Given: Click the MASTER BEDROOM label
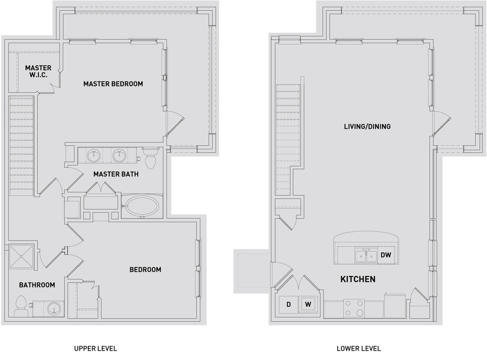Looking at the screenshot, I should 113,84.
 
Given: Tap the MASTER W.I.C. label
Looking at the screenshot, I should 38,71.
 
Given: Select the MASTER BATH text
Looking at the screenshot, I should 116,174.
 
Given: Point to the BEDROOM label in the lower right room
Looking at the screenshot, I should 145,270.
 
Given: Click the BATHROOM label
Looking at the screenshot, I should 37,285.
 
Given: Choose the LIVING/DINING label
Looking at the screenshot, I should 367,126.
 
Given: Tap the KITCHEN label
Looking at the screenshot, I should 358,279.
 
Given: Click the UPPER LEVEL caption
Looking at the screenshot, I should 95,348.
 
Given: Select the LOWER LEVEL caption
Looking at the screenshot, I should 359,348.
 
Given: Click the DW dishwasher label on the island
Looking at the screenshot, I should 386,255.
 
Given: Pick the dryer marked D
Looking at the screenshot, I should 289,305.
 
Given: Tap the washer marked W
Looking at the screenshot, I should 308,305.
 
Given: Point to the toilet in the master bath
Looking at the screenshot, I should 150,160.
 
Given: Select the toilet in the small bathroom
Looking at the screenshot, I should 21,306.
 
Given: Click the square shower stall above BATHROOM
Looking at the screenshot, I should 21,256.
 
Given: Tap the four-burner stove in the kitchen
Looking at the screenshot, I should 354,308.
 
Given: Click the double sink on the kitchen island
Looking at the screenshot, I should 366,256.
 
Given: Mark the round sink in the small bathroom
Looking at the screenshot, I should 53,308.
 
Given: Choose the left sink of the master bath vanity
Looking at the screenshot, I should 93,156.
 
